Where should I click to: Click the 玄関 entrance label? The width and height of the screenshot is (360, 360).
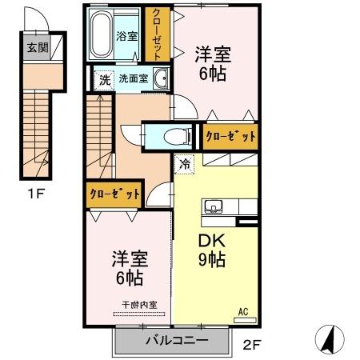(38, 48)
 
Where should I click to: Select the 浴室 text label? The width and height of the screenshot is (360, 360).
(127, 36)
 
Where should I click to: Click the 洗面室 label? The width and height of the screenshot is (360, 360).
(133, 79)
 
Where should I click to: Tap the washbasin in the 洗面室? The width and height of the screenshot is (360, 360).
(161, 78)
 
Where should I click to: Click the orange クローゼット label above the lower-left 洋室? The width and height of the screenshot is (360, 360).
(114, 194)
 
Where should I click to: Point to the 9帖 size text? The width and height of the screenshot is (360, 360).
(212, 260)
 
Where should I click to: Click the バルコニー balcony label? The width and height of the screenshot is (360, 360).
(176, 341)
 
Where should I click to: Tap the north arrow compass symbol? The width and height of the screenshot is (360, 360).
(329, 338)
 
